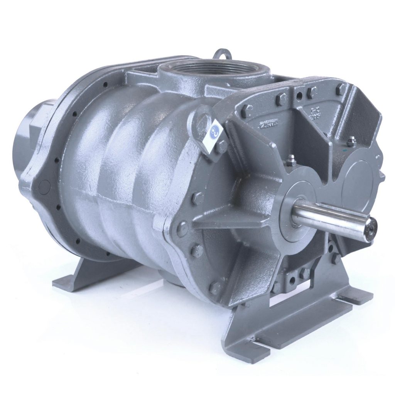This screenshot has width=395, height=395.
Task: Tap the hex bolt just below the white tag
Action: coord(221,146)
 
